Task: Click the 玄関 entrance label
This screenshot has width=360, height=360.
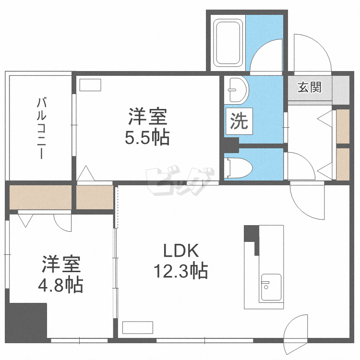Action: point(309,88)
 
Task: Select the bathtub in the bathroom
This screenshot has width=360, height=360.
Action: point(228,44)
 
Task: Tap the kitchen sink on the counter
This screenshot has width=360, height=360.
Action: point(271,288)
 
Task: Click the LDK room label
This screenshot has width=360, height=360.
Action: point(180,251)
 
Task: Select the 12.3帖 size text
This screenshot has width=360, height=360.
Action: point(180,272)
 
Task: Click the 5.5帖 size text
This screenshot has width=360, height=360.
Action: point(147,138)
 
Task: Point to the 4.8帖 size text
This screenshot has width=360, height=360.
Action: point(60,286)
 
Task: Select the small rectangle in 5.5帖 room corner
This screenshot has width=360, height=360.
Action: point(91,85)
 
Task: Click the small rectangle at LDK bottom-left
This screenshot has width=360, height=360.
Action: point(132,328)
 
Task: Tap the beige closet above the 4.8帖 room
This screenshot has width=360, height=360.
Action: point(40,197)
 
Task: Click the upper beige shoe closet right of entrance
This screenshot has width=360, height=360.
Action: point(343,126)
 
